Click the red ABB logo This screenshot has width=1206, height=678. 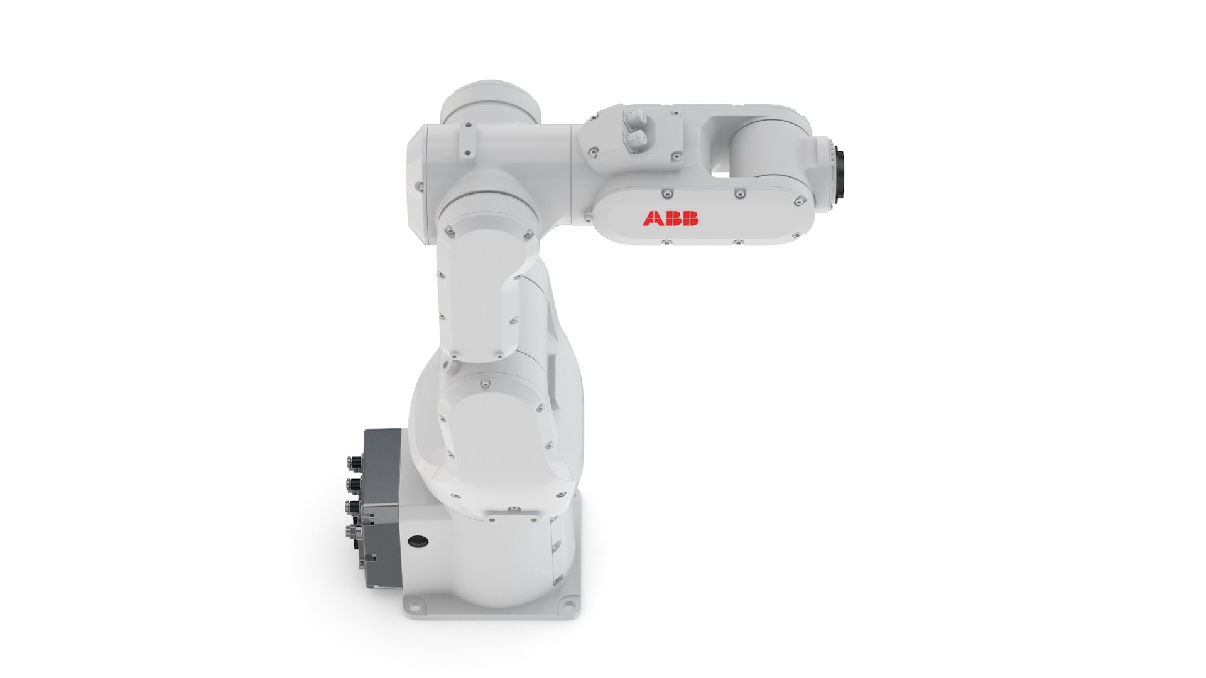click(670, 218)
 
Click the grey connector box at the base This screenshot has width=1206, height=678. click(381, 496)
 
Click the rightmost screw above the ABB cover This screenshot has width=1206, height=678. click(799, 200)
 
